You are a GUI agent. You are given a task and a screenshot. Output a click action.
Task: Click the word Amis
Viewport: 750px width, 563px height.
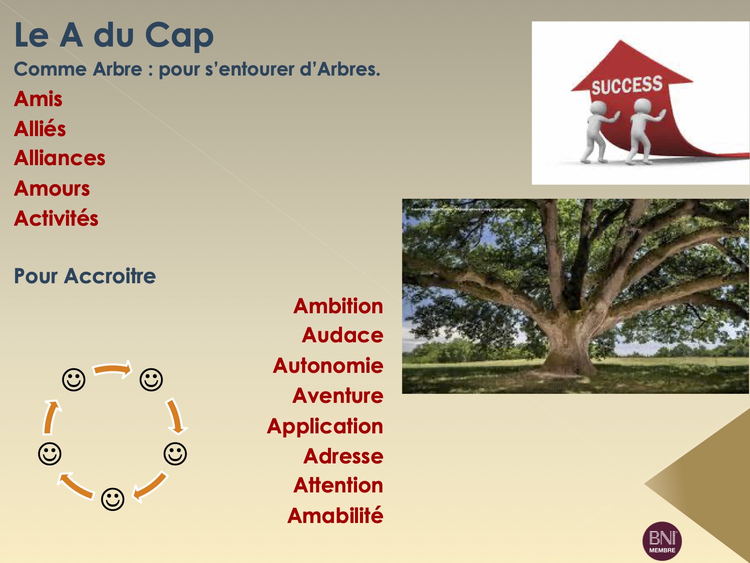tap(38, 99)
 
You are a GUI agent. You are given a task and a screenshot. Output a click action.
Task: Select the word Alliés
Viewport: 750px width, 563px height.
tap(39, 129)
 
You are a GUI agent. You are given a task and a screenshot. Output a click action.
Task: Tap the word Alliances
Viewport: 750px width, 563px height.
tap(59, 158)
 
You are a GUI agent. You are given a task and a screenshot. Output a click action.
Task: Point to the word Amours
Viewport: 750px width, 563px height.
tap(51, 188)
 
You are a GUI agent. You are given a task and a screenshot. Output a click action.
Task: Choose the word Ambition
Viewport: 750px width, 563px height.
tap(338, 306)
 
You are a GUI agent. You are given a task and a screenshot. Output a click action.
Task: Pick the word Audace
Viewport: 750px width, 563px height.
tap(342, 335)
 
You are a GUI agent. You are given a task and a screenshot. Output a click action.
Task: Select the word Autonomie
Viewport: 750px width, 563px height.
tap(328, 365)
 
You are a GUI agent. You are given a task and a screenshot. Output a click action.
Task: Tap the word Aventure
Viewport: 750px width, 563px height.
tap(337, 395)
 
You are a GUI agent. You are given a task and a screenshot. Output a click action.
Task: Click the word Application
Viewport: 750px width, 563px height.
tap(325, 426)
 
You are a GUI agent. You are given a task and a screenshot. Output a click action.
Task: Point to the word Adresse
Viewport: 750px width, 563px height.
tap(343, 456)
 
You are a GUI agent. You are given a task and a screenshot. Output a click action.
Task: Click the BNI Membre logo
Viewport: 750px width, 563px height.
tap(662, 541)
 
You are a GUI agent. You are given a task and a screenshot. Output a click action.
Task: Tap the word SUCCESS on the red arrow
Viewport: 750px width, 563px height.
tap(627, 85)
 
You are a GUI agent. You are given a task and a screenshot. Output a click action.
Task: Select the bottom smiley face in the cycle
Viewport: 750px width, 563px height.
tap(112, 499)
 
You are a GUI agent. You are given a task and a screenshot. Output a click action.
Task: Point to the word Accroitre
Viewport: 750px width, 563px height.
tap(109, 276)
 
